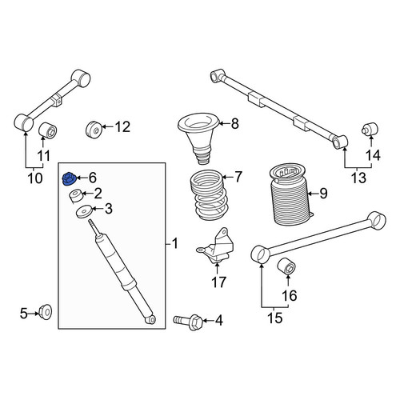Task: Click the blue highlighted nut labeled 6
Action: pyautogui.click(x=69, y=178)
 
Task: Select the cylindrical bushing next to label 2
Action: pyautogui.click(x=75, y=196)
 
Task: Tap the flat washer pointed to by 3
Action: pyautogui.click(x=84, y=211)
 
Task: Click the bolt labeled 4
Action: pyautogui.click(x=188, y=322)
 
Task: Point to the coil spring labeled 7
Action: pyautogui.click(x=209, y=196)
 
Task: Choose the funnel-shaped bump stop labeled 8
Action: pyautogui.click(x=198, y=138)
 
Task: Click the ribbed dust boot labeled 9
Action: pyautogui.click(x=289, y=195)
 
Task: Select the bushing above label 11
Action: pyautogui.click(x=48, y=130)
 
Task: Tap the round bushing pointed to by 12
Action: pyautogui.click(x=94, y=130)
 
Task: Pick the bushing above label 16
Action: pyautogui.click(x=286, y=266)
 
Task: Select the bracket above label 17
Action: pyautogui.click(x=217, y=246)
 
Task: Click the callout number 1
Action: pyautogui.click(x=174, y=243)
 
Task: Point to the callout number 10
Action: pyautogui.click(x=35, y=178)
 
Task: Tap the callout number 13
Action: pyautogui.click(x=358, y=178)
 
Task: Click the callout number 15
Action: pyautogui.click(x=274, y=318)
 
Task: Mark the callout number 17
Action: pyautogui.click(x=218, y=282)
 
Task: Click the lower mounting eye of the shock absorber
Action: pyautogui.click(x=151, y=319)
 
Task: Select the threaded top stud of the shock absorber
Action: pyautogui.click(x=94, y=226)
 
